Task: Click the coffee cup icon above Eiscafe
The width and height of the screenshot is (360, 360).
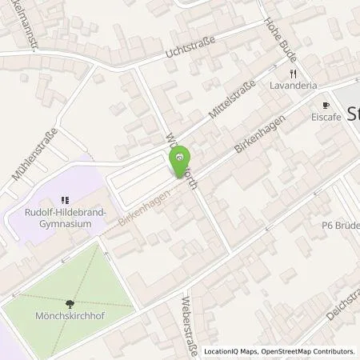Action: [326, 106]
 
